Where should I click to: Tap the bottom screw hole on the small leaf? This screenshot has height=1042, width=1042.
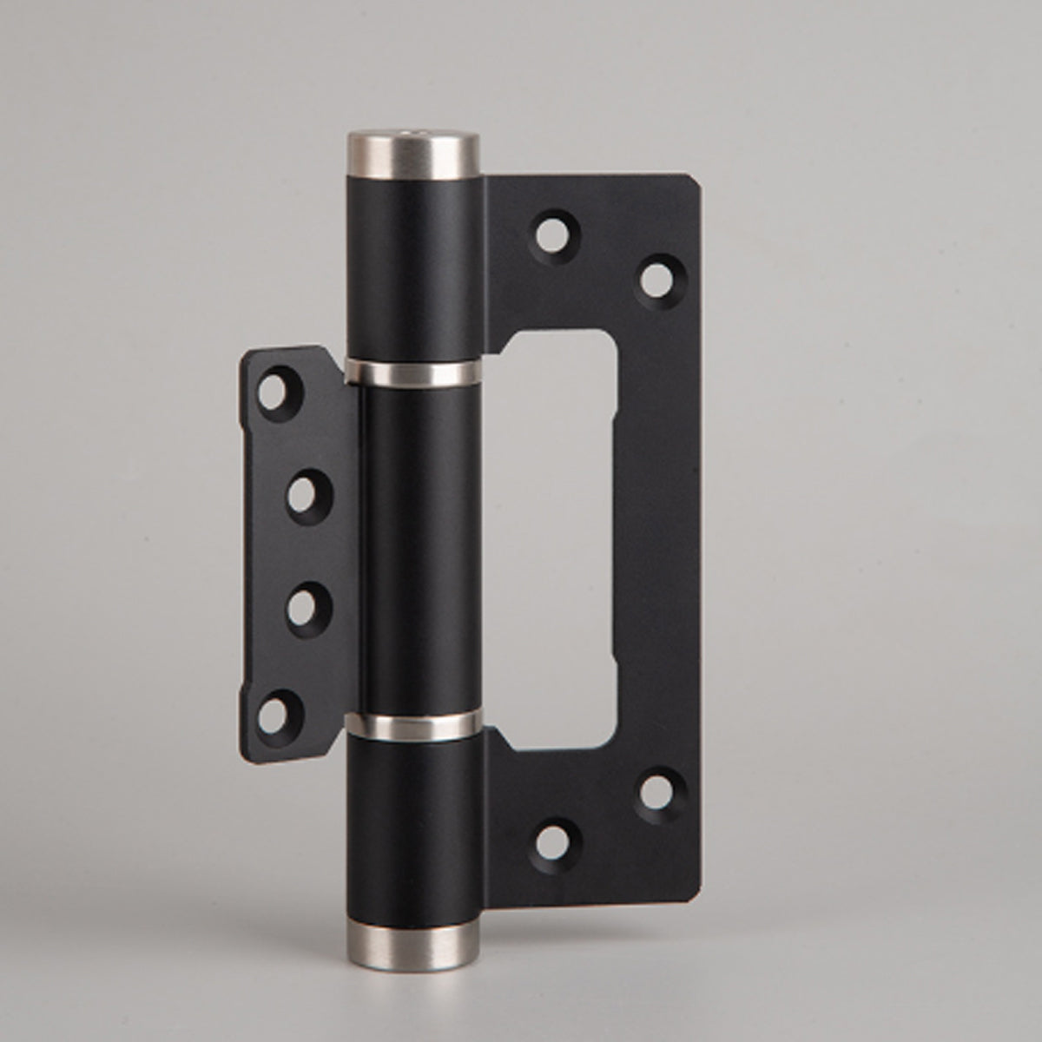pos(274,713)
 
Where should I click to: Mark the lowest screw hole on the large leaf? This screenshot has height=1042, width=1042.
pos(551,839)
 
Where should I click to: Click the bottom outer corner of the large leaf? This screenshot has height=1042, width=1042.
pos(697,888)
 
